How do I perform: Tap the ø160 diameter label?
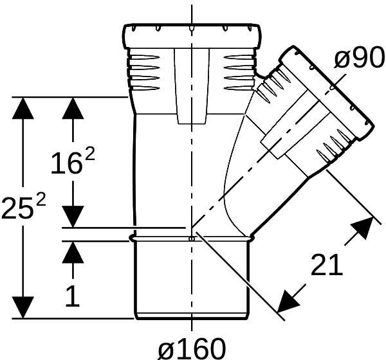coord(192,348)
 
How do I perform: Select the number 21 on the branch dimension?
coord(326,264)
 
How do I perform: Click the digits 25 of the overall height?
coord(16,209)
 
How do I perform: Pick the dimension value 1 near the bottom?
coord(72,296)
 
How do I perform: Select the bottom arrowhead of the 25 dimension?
coord(24,307)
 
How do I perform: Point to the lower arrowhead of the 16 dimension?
coord(73,215)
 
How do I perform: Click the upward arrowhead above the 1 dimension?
coord(73,253)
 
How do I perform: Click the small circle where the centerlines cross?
coord(192,239)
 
